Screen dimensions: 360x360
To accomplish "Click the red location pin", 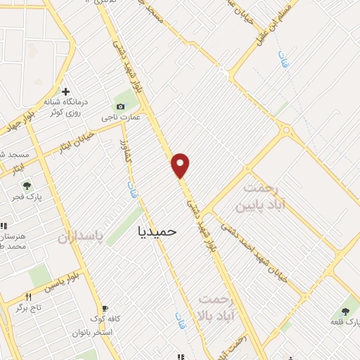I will (181, 165).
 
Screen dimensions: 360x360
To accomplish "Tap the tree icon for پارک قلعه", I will (346, 311).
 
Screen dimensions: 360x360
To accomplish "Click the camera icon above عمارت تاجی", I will (121, 106).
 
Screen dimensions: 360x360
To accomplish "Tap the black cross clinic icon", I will (66, 91).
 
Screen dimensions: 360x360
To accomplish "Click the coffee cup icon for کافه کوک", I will (105, 308).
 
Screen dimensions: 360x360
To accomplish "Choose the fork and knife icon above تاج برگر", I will (28, 297).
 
